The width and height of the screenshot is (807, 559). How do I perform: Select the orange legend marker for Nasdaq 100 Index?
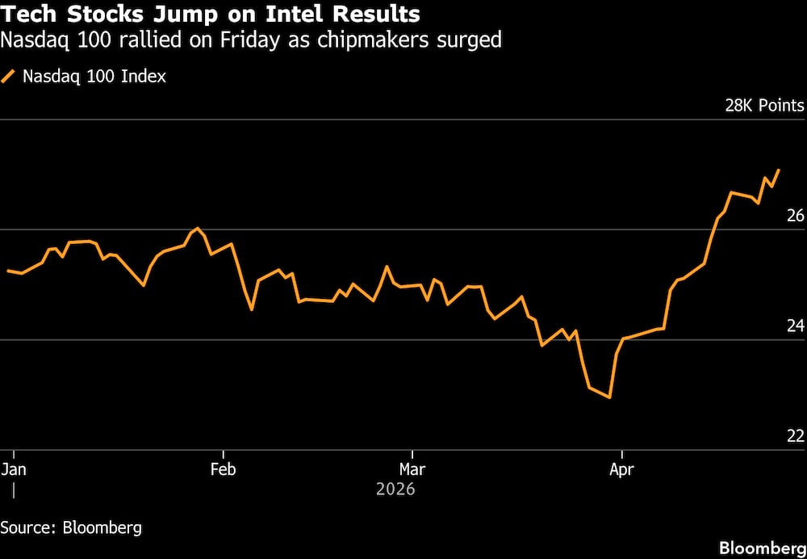click(9, 77)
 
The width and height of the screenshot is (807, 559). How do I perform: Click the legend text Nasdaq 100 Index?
click(94, 77)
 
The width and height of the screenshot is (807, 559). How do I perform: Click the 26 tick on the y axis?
click(795, 216)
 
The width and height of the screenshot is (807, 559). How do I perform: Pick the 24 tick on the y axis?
click(795, 326)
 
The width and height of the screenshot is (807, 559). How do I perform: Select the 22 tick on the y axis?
click(795, 436)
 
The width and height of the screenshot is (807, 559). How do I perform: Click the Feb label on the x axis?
click(223, 469)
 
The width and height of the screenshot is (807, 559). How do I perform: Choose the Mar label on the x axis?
click(412, 469)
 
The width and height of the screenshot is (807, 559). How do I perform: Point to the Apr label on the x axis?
click(621, 469)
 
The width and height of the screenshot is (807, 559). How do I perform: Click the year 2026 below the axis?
click(395, 490)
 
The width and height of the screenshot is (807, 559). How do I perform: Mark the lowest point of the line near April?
click(610, 397)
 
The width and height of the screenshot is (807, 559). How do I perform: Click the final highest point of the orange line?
click(779, 170)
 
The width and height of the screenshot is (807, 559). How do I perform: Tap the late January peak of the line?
click(198, 229)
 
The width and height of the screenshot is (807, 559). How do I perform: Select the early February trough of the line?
click(252, 309)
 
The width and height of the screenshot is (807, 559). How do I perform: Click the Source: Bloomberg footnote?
click(71, 528)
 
